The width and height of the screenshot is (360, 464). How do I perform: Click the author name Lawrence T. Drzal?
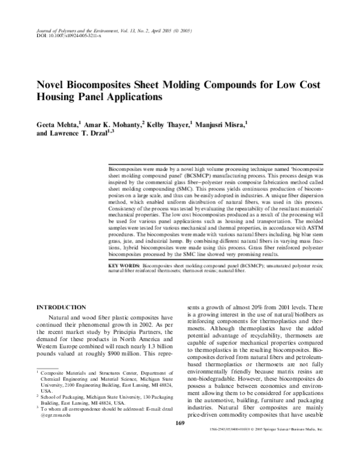[80, 135]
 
